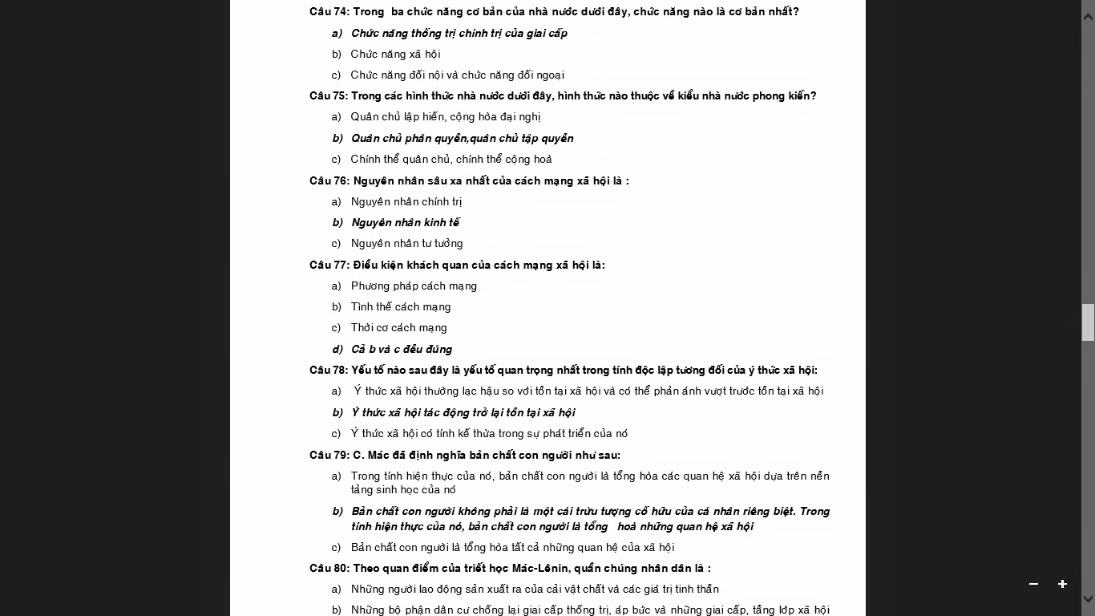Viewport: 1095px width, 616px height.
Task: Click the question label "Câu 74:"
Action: [329, 12]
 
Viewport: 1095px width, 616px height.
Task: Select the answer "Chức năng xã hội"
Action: [395, 54]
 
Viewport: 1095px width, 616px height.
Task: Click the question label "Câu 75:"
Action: [329, 96]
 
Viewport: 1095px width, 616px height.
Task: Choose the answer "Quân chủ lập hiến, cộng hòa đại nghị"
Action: [445, 117]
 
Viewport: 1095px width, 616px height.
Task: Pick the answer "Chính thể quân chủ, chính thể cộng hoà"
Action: [451, 159]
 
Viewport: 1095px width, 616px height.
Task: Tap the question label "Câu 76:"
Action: [329, 181]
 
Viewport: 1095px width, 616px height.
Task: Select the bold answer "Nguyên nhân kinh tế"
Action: [405, 223]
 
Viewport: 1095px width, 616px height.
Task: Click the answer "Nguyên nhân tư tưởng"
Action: [406, 244]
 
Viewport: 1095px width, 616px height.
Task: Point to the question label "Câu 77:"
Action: [329, 265]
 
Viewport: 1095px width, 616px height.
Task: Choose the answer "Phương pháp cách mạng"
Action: [414, 286]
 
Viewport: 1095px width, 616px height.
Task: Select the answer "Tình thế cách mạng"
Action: [401, 307]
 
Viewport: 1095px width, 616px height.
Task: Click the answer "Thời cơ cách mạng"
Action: [398, 328]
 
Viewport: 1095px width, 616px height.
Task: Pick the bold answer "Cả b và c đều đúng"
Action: [401, 350]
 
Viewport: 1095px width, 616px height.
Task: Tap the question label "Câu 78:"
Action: [329, 371]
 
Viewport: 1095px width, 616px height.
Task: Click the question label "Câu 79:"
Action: [329, 456]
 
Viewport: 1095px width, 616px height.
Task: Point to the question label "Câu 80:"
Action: [329, 569]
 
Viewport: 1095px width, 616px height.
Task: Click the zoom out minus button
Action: [1033, 584]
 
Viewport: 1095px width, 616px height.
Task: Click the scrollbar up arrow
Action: [1088, 17]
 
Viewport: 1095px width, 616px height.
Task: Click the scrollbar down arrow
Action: [1088, 598]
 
